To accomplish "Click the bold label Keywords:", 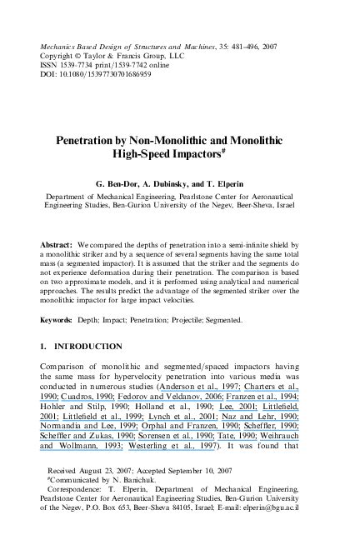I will point(58,319).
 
